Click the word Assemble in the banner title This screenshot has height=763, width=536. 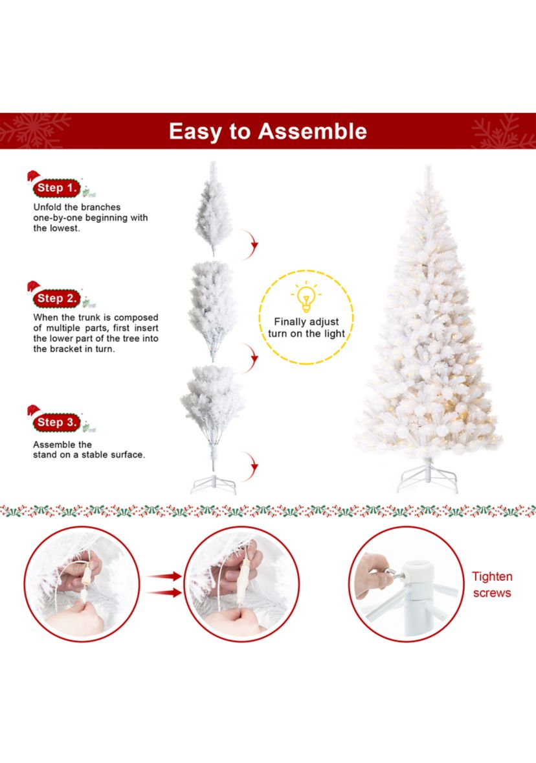coord(313,132)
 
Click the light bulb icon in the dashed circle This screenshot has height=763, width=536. coord(306,298)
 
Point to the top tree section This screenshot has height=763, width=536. coord(214,211)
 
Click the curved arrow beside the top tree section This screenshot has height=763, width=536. coord(251,243)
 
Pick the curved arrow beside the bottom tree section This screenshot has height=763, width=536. coord(251,465)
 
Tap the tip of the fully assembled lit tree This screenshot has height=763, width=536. coord(427,170)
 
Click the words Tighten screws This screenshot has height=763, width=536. coord(492,585)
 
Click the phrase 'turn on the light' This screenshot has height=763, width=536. coord(307,334)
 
